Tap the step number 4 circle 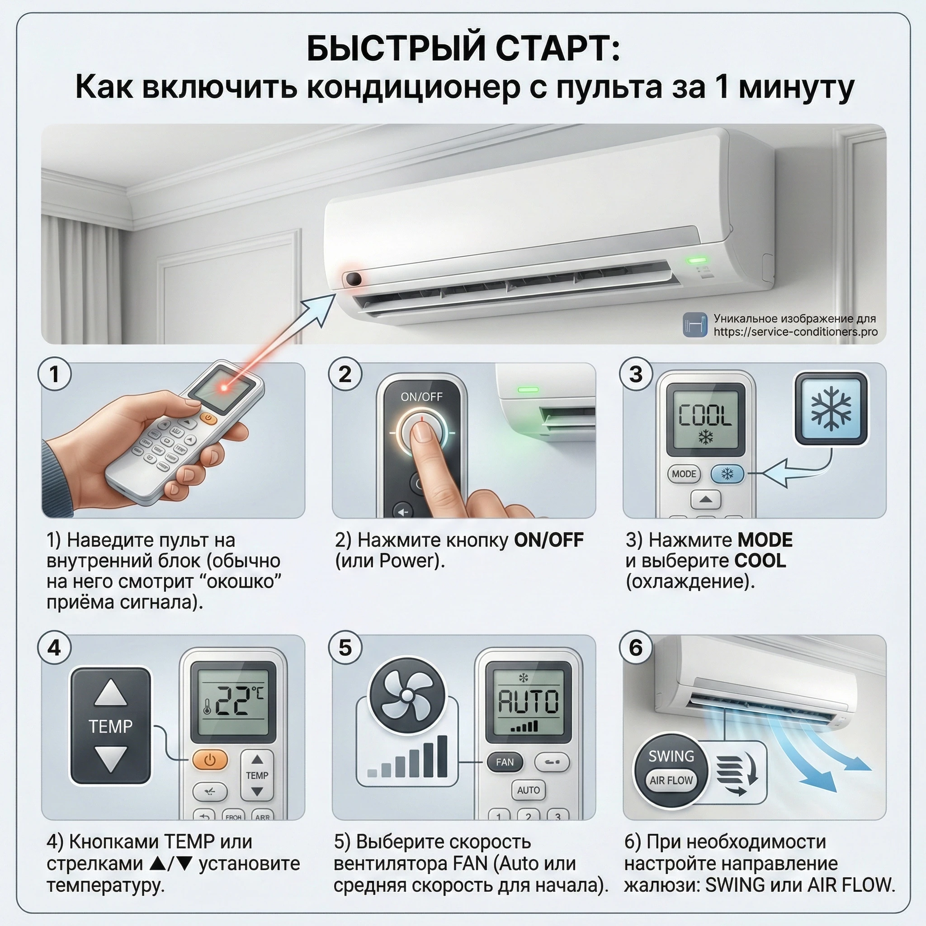pyautogui.click(x=54, y=647)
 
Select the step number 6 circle pyautogui.click(x=636, y=647)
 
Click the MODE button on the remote pyautogui.click(x=684, y=474)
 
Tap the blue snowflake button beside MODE pyautogui.click(x=727, y=474)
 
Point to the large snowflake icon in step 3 pyautogui.click(x=831, y=408)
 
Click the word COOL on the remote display pyautogui.click(x=705, y=416)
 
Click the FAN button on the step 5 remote pyautogui.click(x=505, y=761)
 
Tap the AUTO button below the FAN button pyautogui.click(x=528, y=790)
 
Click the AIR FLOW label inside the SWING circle pyautogui.click(x=671, y=780)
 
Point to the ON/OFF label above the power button pyautogui.click(x=421, y=397)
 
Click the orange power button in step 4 pyautogui.click(x=210, y=760)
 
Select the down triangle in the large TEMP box pyautogui.click(x=111, y=759)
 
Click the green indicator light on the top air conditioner pyautogui.click(x=697, y=260)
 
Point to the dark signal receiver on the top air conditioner pyautogui.click(x=354, y=279)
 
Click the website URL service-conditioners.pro pyautogui.click(x=795, y=332)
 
